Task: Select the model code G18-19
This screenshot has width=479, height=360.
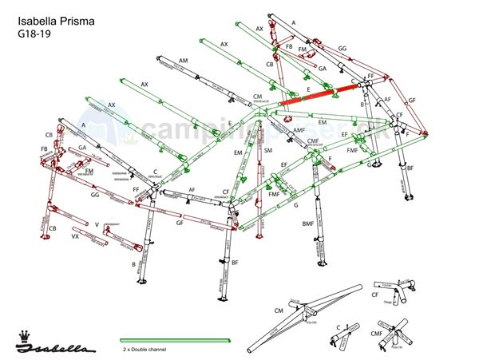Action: [33, 34]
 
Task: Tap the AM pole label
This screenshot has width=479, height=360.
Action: [184, 61]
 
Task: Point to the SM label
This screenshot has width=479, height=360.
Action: [268, 150]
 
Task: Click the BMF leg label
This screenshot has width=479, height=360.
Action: [307, 224]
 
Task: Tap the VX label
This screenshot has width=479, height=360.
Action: [75, 237]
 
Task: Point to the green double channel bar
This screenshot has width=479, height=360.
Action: [175, 340]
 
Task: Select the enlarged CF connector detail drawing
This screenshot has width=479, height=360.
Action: [398, 289]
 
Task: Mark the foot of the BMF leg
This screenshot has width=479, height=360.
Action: [320, 263]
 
